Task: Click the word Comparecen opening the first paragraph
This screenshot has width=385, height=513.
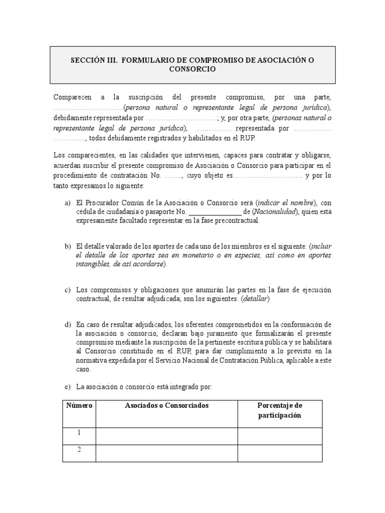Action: (73, 98)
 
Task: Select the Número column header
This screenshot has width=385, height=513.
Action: (79, 405)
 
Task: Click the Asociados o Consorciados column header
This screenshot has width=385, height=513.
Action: (166, 405)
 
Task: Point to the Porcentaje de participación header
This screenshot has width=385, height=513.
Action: (279, 410)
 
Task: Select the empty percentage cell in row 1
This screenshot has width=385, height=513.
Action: (279, 436)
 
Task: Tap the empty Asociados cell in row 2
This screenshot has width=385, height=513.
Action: (166, 453)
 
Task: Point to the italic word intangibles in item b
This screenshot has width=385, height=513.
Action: (92, 264)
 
